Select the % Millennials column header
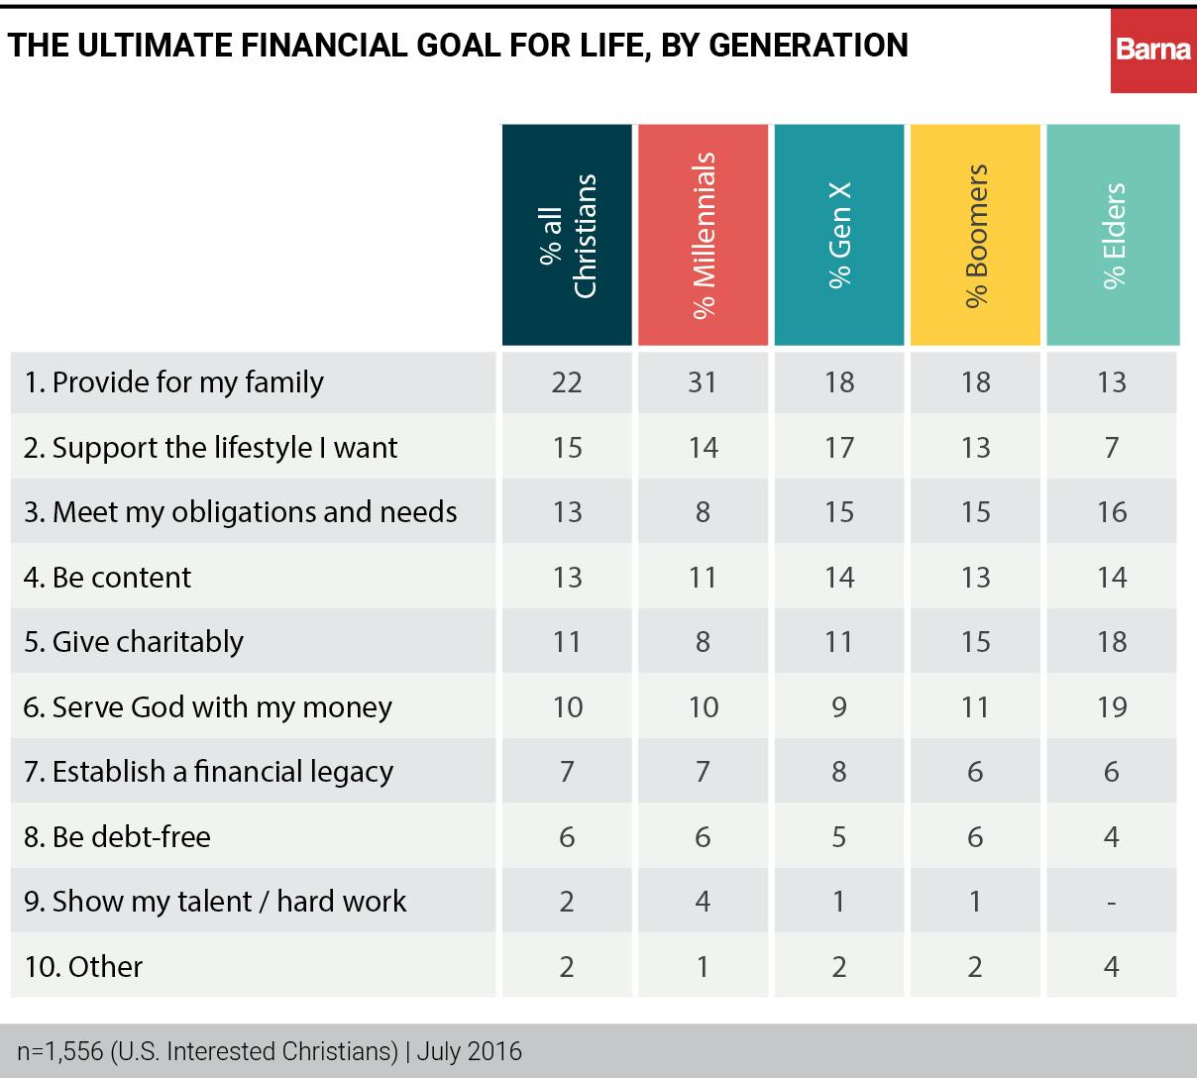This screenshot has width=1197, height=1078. coord(703,235)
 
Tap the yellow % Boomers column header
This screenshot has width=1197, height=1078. coord(975,235)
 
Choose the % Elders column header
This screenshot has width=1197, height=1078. coord(1113,235)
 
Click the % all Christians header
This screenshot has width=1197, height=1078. coord(567,235)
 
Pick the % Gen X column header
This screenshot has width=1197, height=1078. coord(839,235)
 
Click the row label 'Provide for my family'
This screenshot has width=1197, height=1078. coord(174,382)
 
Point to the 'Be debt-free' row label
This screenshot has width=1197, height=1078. coord(118,837)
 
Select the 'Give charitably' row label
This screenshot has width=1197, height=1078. coord(134,642)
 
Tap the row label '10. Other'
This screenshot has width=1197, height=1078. coord(84,967)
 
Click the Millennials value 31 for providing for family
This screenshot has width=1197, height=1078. coord(703,382)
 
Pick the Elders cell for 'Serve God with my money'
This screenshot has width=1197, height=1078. coord(1112,707)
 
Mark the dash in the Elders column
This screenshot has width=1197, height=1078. coord(1112,903)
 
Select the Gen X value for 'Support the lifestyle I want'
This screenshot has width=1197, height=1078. coord(839,448)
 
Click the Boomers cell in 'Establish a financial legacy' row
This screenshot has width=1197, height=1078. coord(975,772)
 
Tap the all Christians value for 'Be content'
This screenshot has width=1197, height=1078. coord(567,578)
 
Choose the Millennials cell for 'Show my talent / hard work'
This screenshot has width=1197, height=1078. coord(703,903)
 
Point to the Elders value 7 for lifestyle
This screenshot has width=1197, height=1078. coord(1112,448)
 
